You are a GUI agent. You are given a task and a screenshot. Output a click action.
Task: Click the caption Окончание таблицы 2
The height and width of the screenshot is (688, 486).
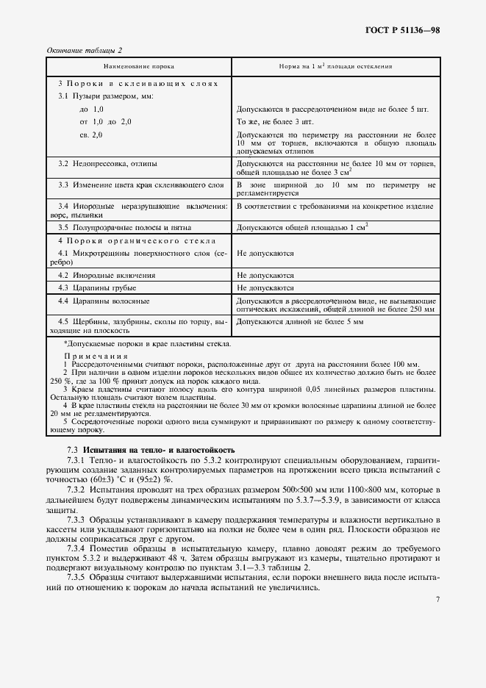point(85,50)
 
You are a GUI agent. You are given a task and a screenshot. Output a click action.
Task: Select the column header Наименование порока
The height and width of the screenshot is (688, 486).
point(138,66)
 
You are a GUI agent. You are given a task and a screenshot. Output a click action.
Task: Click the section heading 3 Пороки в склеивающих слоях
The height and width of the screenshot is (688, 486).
point(138,84)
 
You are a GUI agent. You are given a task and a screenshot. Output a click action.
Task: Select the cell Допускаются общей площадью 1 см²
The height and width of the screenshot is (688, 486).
point(302,229)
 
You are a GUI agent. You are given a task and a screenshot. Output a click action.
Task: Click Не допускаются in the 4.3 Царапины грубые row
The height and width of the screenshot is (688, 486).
point(265,287)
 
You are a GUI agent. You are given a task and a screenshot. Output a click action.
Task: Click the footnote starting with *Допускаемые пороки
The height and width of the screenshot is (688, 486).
point(147,343)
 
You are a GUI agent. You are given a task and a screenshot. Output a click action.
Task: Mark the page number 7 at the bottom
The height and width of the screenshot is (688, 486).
point(437,600)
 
